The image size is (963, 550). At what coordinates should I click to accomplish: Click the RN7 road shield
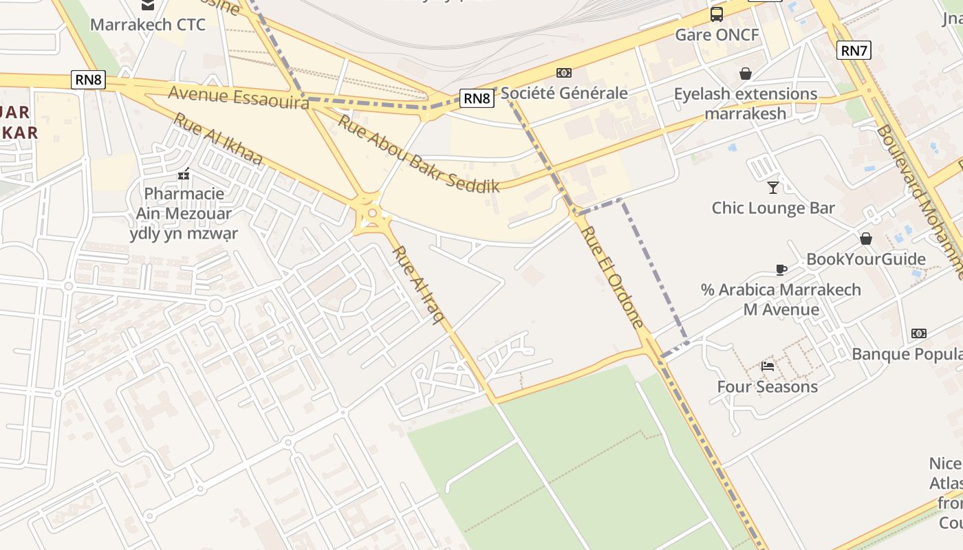pos(854,50)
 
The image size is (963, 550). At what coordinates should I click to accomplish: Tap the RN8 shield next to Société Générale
pos(477,98)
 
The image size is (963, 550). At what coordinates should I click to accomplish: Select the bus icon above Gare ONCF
pos(717,14)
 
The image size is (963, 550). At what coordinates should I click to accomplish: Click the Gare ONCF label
pos(717,34)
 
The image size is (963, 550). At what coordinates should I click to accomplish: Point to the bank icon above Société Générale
pos(563,73)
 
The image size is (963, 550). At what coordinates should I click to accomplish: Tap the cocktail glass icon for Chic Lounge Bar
pos(773,187)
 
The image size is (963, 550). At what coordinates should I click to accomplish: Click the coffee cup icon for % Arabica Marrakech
pos(781,269)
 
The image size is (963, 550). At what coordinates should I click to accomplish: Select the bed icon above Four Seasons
pos(768,366)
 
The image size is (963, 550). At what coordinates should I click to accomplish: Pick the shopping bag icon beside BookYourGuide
pos(866,239)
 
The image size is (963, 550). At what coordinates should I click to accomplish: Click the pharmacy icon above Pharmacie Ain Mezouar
pos(184,175)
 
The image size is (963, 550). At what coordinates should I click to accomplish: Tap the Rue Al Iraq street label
pos(419,285)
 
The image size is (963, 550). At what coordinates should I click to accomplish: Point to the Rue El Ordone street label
pos(613,277)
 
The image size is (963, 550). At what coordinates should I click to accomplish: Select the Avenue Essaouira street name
pos(238,97)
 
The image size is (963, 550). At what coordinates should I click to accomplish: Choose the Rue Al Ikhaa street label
pos(217,139)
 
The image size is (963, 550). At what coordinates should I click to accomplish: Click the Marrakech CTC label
pos(148,25)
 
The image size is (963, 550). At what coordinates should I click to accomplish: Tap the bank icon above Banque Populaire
pos(919,333)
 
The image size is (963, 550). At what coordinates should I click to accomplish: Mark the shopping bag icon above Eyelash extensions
pos(745,74)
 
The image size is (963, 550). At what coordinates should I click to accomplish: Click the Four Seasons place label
pos(768,386)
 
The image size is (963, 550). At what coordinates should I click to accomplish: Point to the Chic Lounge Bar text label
pos(773,208)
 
